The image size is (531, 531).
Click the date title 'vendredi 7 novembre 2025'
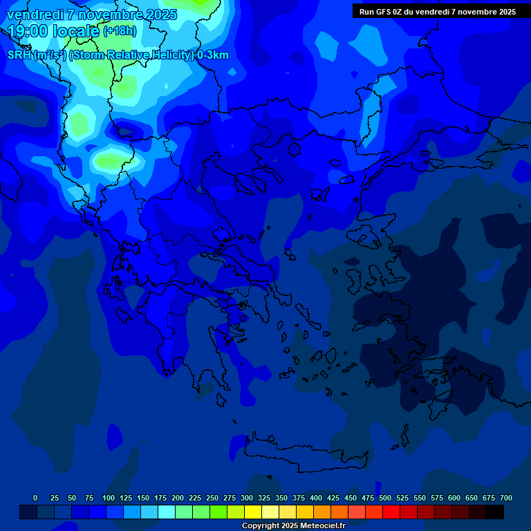tap(92, 15)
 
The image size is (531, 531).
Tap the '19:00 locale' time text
tap(54, 31)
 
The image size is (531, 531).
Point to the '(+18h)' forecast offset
tap(120, 31)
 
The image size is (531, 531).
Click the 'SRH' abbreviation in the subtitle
tap(19, 55)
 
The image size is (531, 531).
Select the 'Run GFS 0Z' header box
tap(437, 12)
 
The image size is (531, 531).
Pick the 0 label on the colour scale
tap(35, 498)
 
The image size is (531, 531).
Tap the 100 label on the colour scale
tap(109, 498)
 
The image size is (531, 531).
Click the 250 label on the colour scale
tap(212, 498)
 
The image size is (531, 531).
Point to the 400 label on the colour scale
tap(316, 498)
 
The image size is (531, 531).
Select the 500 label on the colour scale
tap(385, 498)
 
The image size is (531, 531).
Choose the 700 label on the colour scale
tap(506, 498)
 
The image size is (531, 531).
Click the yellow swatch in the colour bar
tap(253, 512)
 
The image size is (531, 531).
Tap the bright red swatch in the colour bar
tap(391, 512)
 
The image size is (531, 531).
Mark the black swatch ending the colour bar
tap(495, 512)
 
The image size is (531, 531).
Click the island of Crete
tap(304, 457)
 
